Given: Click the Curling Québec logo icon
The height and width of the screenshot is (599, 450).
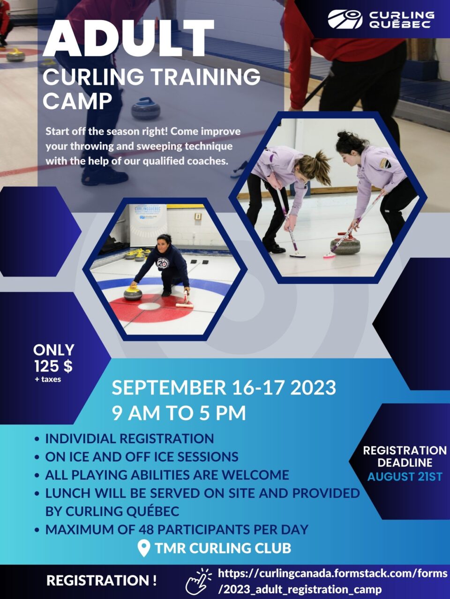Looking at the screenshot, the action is pyautogui.click(x=345, y=19).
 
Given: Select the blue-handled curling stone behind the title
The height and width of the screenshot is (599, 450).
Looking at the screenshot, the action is pyautogui.click(x=146, y=109).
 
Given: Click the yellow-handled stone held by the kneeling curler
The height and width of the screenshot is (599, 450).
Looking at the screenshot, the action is pyautogui.click(x=133, y=292).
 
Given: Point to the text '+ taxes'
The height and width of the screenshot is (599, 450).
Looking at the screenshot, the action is pyautogui.click(x=48, y=380).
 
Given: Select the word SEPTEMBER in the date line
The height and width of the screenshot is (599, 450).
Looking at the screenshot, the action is pyautogui.click(x=169, y=387).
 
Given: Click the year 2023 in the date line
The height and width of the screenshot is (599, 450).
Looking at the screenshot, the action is pyautogui.click(x=313, y=387).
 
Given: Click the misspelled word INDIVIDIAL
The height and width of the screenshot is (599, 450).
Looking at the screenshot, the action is pyautogui.click(x=80, y=438).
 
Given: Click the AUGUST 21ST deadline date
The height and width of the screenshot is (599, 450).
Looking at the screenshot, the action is pyautogui.click(x=405, y=477).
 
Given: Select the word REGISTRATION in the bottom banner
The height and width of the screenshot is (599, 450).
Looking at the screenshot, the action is pyautogui.click(x=98, y=580).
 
